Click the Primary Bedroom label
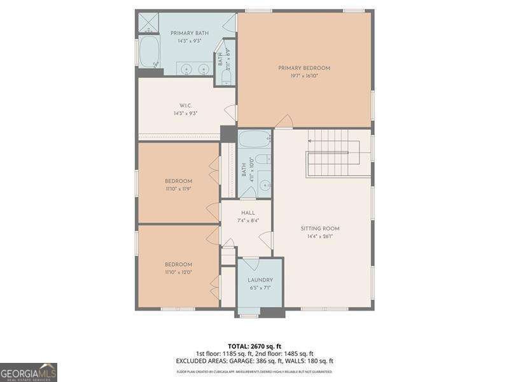(x=304, y=67)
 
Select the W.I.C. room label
(x=185, y=106)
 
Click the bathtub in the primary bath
(x=150, y=52)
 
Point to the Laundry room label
(x=260, y=279)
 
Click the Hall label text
(x=248, y=213)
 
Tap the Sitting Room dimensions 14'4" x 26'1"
(x=320, y=236)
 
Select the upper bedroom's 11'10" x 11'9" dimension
(x=178, y=188)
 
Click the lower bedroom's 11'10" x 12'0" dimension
(x=178, y=272)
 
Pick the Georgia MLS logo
(x=29, y=372)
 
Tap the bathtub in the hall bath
(x=254, y=139)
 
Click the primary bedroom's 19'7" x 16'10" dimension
(x=304, y=76)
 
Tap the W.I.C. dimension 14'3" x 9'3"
(x=185, y=113)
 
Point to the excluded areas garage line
(x=254, y=361)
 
